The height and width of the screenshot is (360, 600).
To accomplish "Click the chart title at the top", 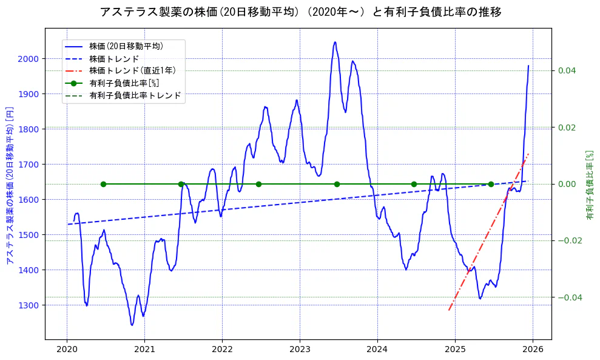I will [300, 12].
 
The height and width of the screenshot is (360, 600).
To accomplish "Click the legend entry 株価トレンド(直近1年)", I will [132, 70].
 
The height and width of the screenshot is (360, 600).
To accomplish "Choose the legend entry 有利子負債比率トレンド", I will [135, 96].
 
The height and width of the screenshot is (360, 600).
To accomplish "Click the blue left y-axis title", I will [10, 183].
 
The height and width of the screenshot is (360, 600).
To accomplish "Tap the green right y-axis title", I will [590, 185].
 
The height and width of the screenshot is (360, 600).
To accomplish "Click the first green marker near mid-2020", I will [103, 184].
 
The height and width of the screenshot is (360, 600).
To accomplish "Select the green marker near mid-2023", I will [337, 184].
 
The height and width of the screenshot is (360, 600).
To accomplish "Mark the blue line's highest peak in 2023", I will [335, 42].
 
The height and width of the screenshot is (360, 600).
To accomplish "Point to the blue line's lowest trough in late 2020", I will [132, 325].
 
